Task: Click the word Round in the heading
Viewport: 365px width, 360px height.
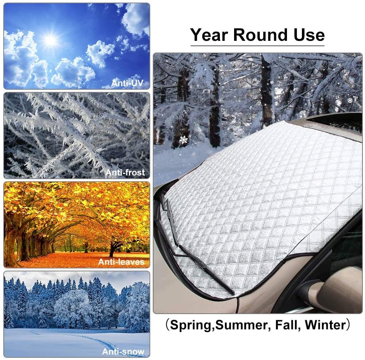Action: (x=260, y=35)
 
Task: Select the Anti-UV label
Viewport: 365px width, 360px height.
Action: (x=127, y=83)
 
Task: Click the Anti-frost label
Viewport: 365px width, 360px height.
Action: (x=125, y=173)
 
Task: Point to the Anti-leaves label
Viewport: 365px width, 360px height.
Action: (x=121, y=262)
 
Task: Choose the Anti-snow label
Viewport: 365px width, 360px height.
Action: (x=123, y=351)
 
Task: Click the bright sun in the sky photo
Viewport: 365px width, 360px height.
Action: (x=50, y=40)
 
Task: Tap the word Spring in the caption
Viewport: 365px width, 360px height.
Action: (x=191, y=325)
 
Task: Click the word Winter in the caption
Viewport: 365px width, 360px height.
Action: (x=325, y=325)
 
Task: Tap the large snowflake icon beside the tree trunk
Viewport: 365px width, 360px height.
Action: (x=184, y=140)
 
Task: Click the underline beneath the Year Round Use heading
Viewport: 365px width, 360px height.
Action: (x=257, y=46)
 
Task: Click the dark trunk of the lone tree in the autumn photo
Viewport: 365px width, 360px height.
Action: (x=112, y=249)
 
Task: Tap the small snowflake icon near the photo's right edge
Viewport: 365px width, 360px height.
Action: (x=350, y=100)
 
